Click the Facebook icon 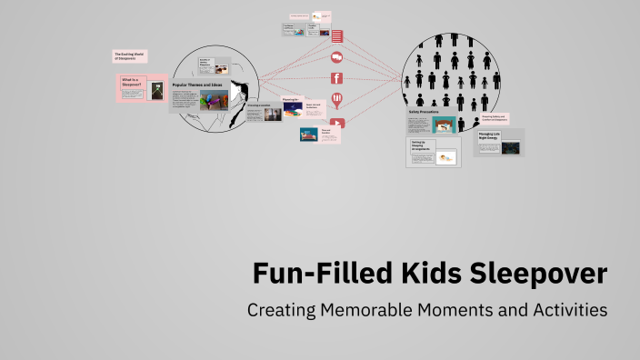[x=336, y=78]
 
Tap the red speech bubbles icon [x=336, y=57]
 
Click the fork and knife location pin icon [x=336, y=100]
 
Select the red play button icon [x=337, y=124]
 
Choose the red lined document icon [x=336, y=36]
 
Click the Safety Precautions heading [x=425, y=113]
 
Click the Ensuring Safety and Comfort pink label [x=493, y=118]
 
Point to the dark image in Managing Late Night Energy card [x=510, y=146]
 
